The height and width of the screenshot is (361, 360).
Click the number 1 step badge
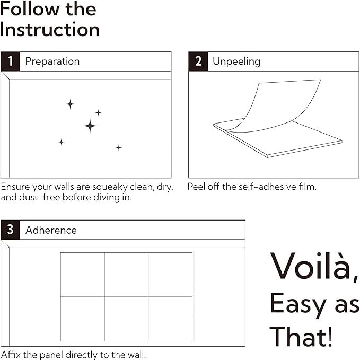coord(11,61)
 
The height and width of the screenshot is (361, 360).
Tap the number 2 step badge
coord(198,61)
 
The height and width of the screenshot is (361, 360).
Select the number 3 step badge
coord(11,230)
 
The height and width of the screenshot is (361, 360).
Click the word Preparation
coord(52,61)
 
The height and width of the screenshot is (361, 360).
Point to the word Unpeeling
coord(236,61)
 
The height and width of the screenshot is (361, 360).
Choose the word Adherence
coord(51,230)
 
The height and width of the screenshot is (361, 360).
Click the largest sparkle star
coord(90,126)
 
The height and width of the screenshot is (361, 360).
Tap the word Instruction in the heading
coord(50,30)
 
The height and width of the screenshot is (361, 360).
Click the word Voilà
coord(314,267)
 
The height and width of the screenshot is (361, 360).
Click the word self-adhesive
coord(268,187)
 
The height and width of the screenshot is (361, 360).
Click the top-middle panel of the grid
coord(126,275)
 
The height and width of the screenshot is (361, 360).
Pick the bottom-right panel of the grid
coord(170,319)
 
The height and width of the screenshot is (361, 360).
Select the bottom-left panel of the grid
coord(83,319)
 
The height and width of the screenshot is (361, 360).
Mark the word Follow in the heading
coord(30,9)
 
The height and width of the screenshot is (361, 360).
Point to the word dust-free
coord(39,197)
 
